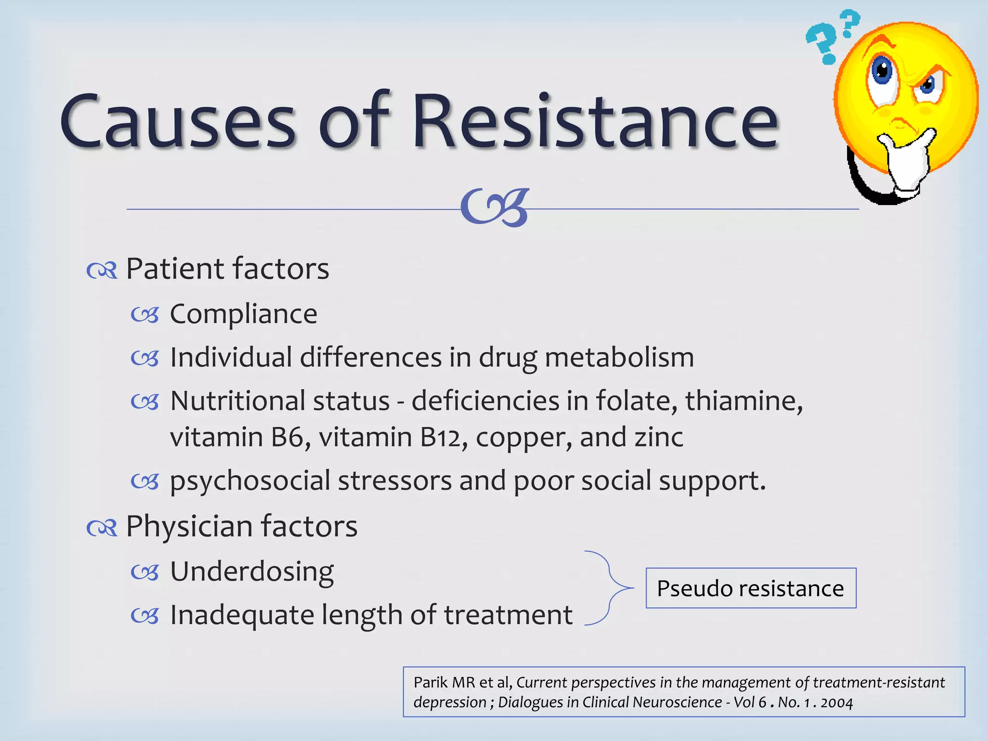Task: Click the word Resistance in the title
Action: [595, 121]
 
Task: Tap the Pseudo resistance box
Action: [751, 588]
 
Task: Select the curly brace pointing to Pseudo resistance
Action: [609, 588]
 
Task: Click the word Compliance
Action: [244, 315]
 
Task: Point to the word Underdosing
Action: [252, 572]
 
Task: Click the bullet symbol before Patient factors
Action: [102, 271]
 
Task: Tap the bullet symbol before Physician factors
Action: [102, 528]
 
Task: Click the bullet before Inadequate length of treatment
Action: [145, 616]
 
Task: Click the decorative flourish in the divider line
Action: [495, 208]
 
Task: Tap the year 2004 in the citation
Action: [837, 703]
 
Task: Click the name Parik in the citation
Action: [430, 683]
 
